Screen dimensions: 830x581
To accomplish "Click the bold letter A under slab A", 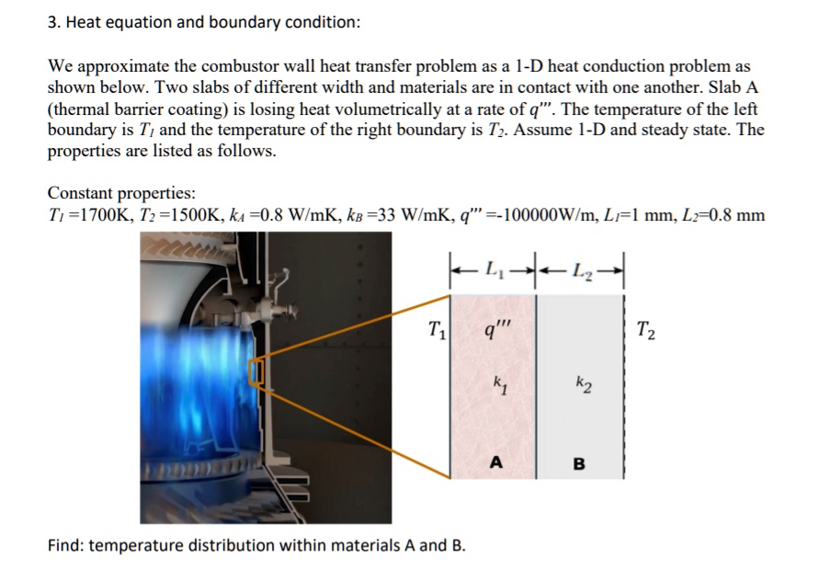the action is pyautogui.click(x=496, y=463).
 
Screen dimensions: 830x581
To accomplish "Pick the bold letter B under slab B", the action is pyautogui.click(x=579, y=463).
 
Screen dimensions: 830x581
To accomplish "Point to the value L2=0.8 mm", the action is pyautogui.click(x=721, y=216).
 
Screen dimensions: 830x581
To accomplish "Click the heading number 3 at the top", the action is pyautogui.click(x=52, y=22).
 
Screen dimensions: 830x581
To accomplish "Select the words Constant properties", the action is pyautogui.click(x=121, y=194).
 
